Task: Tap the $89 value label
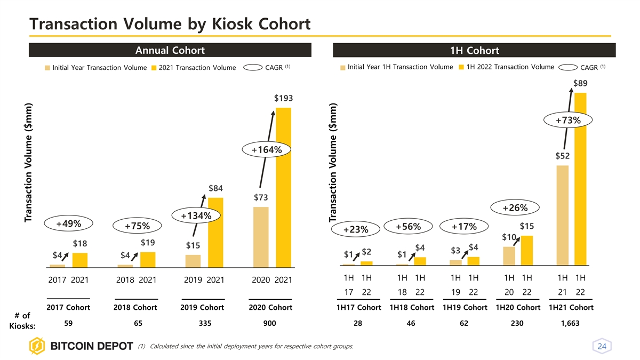coord(581,83)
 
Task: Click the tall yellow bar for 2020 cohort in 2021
coord(284,187)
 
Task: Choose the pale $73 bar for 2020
coord(261,236)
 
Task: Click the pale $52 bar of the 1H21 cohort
coord(562,215)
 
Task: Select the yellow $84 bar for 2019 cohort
coord(215,231)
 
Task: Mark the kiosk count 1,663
coord(571,323)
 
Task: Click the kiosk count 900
coord(270,323)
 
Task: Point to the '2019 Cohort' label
coord(203,308)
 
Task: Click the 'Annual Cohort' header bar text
coord(170,51)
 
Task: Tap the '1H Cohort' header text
coord(474,51)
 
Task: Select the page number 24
coord(603,347)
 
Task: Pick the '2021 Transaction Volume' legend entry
coord(194,68)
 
